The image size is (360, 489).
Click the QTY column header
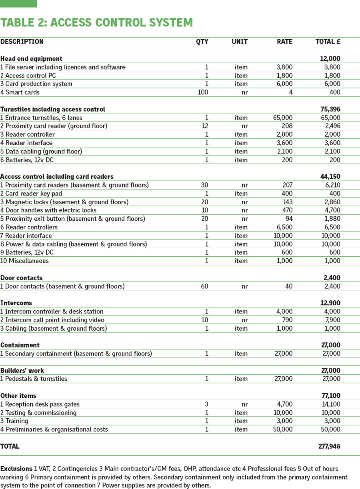click(x=202, y=42)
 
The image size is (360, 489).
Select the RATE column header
click(x=284, y=42)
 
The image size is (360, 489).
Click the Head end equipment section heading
click(x=31, y=59)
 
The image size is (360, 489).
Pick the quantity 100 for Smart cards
click(x=203, y=92)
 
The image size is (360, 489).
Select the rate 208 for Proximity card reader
click(x=287, y=126)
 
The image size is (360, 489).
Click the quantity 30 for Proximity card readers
click(x=204, y=185)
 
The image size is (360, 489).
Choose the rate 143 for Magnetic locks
click(x=287, y=202)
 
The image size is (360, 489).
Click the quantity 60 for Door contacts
click(x=204, y=286)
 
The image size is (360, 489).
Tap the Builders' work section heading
click(x=22, y=371)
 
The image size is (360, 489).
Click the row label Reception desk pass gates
click(x=40, y=404)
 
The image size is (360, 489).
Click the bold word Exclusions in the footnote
click(x=16, y=469)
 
